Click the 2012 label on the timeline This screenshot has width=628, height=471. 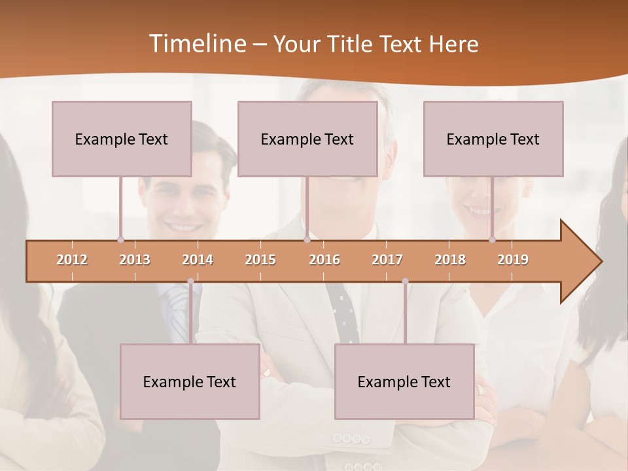72,260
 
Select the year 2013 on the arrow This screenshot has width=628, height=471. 135,260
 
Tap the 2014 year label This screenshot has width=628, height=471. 198,260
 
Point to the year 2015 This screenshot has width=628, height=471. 260,260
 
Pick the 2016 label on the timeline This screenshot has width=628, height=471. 324,260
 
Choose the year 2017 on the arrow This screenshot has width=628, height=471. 387,260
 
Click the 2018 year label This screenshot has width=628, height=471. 450,260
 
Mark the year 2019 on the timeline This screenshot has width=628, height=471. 513,260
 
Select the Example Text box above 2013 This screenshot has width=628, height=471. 122,139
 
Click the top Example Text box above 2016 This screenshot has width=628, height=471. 307,139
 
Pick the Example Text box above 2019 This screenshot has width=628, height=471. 493,139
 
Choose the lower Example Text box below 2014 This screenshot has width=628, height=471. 190,381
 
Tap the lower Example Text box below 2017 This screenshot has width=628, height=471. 404,381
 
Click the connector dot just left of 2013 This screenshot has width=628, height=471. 120,239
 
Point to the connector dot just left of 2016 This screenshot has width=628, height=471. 307,239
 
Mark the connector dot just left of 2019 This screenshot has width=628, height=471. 492,239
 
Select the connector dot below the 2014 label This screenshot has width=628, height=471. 190,281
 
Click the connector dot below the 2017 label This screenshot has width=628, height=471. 405,281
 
